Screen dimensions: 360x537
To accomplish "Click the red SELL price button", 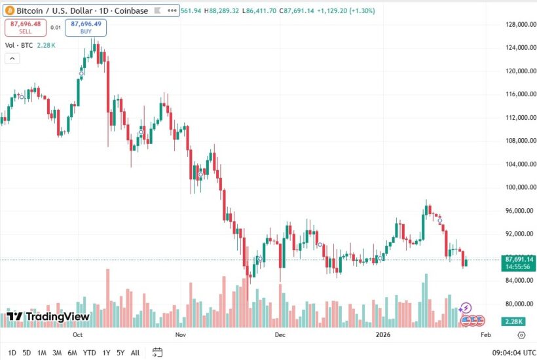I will (26, 27).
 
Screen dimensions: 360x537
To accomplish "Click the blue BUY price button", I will (86, 27).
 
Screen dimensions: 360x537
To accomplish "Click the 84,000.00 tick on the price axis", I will (517, 281).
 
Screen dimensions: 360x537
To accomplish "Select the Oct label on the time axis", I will (77, 334).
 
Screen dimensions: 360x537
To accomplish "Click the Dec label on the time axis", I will (280, 334).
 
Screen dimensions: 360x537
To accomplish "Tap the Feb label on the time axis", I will (485, 334).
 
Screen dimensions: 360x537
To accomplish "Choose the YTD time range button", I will (90, 353).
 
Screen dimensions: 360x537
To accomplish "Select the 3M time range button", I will (57, 353).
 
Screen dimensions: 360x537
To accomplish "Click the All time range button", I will (135, 353).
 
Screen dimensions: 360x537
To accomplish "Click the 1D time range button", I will (12, 353).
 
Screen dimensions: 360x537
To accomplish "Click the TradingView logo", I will (48, 317).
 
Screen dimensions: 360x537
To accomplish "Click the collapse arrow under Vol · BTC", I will (12, 58).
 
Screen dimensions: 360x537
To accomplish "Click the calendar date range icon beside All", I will (157, 353).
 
